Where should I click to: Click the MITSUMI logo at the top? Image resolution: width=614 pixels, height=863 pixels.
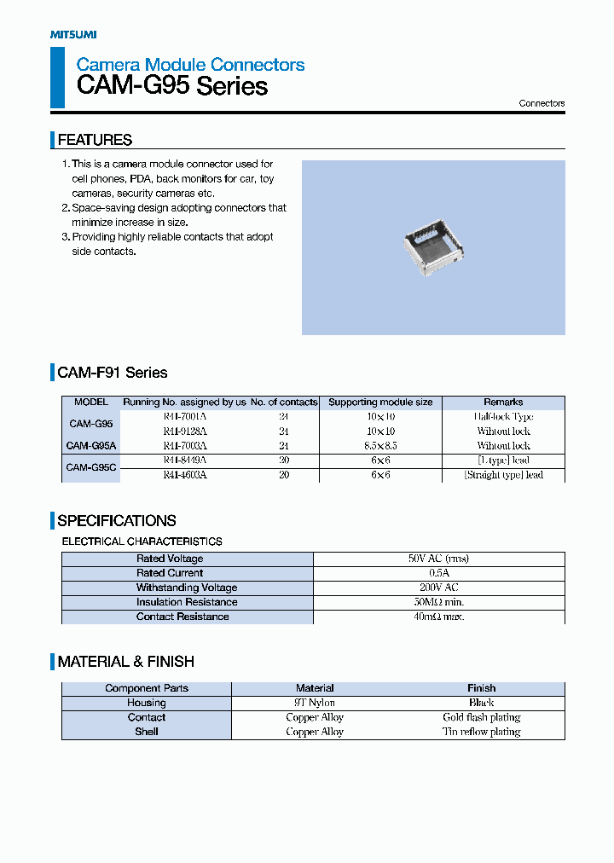pyautogui.click(x=72, y=34)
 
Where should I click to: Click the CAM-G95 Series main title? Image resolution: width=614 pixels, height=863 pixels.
pyautogui.click(x=171, y=86)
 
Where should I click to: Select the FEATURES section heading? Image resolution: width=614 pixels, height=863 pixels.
pyautogui.click(x=94, y=140)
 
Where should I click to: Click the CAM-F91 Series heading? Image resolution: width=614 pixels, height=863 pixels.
pyautogui.click(x=112, y=373)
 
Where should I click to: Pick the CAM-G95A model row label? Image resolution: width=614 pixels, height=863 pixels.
pyautogui.click(x=91, y=446)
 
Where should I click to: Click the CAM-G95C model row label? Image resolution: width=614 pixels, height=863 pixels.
pyautogui.click(x=91, y=467)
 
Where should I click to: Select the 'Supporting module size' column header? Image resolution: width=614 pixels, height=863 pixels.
pyautogui.click(x=380, y=403)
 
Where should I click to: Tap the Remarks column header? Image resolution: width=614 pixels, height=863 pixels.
pyautogui.click(x=503, y=403)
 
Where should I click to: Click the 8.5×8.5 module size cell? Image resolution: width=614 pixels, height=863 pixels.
pyautogui.click(x=380, y=446)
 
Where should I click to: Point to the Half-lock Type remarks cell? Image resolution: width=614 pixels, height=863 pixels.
pyautogui.click(x=503, y=417)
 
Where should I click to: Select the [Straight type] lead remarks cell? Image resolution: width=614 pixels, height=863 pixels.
pyautogui.click(x=503, y=475)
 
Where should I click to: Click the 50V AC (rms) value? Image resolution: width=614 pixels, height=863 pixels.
pyautogui.click(x=438, y=559)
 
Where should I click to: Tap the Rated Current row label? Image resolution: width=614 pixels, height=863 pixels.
pyautogui.click(x=170, y=573)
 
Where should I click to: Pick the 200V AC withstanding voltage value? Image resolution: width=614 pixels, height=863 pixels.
pyautogui.click(x=438, y=588)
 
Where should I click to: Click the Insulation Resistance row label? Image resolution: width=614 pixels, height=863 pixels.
pyautogui.click(x=187, y=602)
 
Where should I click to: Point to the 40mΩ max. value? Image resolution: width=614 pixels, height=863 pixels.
pyautogui.click(x=438, y=617)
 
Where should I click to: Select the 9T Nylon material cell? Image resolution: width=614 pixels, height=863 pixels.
pyautogui.click(x=315, y=703)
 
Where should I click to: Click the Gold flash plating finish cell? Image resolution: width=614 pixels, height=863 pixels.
pyautogui.click(x=481, y=717)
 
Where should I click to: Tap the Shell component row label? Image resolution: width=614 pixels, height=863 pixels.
pyautogui.click(x=147, y=732)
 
